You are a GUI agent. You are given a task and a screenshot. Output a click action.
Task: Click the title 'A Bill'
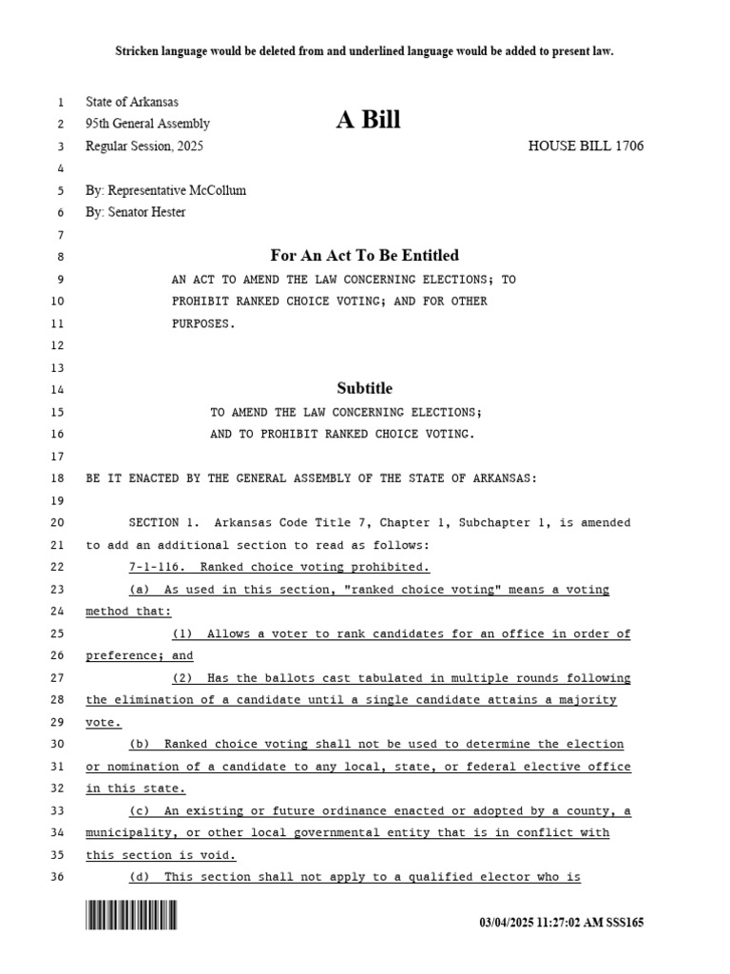(x=368, y=120)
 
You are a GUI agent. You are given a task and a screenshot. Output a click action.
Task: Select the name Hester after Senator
(x=167, y=212)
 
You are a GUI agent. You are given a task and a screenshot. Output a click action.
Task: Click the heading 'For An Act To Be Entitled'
(x=364, y=255)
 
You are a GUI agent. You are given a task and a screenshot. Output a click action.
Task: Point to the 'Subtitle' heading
(x=364, y=388)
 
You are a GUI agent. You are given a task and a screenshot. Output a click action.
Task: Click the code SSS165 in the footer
(x=624, y=924)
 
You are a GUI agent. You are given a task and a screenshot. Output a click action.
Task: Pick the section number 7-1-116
(x=155, y=568)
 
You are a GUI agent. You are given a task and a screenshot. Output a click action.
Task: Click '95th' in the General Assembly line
(x=99, y=124)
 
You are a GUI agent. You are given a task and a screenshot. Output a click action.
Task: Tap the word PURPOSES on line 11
(x=202, y=323)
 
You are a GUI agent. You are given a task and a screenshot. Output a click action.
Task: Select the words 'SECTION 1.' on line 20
(x=164, y=523)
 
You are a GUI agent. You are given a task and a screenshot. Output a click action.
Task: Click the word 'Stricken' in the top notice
(x=138, y=50)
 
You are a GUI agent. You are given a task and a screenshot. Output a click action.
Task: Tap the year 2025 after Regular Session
(x=188, y=146)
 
